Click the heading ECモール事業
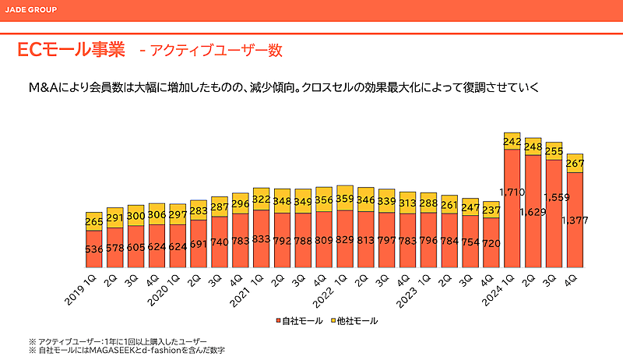click(71, 51)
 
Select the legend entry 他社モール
click(354, 320)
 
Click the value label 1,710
click(511, 192)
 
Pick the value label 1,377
click(575, 221)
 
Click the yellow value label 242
click(512, 141)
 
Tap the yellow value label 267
click(575, 163)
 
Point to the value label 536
click(94, 250)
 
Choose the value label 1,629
click(532, 211)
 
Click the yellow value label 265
click(94, 221)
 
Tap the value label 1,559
click(553, 198)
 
